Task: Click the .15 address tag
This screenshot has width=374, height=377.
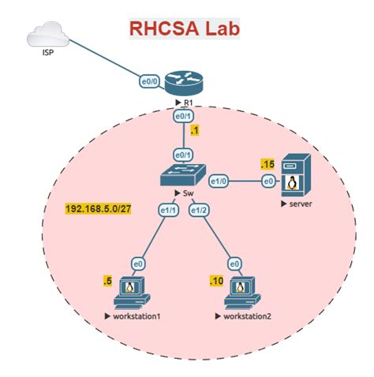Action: click(x=267, y=164)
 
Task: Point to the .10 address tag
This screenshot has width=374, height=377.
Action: click(x=217, y=281)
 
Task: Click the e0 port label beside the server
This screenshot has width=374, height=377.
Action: click(x=268, y=182)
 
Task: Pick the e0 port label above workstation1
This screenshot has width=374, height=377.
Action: click(x=137, y=263)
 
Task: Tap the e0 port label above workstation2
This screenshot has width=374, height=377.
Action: click(x=234, y=263)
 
